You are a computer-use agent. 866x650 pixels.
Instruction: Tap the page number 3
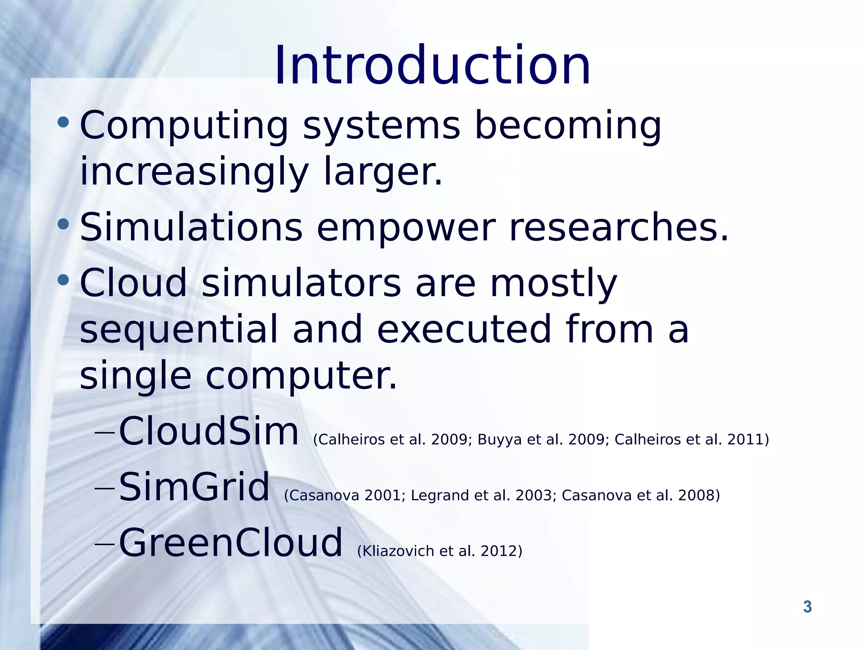point(807,607)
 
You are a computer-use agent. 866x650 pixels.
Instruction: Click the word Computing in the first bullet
point(184,126)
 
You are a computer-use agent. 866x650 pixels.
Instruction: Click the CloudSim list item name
point(209,431)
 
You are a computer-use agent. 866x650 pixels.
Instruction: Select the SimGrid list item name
point(194,487)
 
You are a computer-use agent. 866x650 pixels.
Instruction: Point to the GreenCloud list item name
point(230,543)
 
